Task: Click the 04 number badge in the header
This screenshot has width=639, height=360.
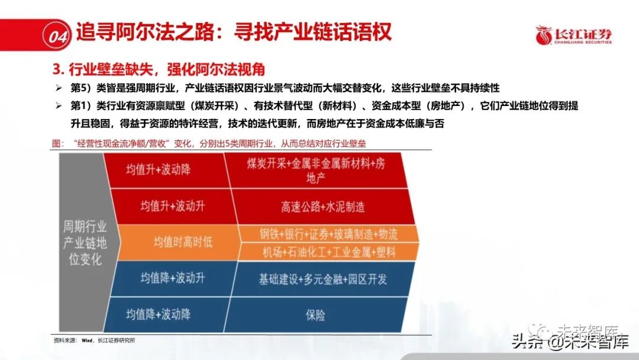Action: (57, 36)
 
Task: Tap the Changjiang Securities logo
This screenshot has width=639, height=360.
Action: (573, 36)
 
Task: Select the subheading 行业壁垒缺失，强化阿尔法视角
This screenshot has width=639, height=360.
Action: (167, 69)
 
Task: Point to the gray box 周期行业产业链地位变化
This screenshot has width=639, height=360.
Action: (85, 243)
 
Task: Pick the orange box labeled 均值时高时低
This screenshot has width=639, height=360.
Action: (179, 243)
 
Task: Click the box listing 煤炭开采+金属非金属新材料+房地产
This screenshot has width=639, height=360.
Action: (316, 170)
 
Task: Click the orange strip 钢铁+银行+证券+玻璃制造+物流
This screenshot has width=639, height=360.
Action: (328, 234)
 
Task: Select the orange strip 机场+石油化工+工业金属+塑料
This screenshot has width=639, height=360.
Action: (328, 252)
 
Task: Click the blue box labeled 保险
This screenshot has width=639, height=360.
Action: (316, 315)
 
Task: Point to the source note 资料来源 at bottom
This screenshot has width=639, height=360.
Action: (94, 340)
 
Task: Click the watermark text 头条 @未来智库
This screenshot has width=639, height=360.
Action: (570, 342)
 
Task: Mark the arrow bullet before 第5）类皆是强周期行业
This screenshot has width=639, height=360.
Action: (59, 88)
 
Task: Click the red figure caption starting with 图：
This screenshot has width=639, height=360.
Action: (209, 143)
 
